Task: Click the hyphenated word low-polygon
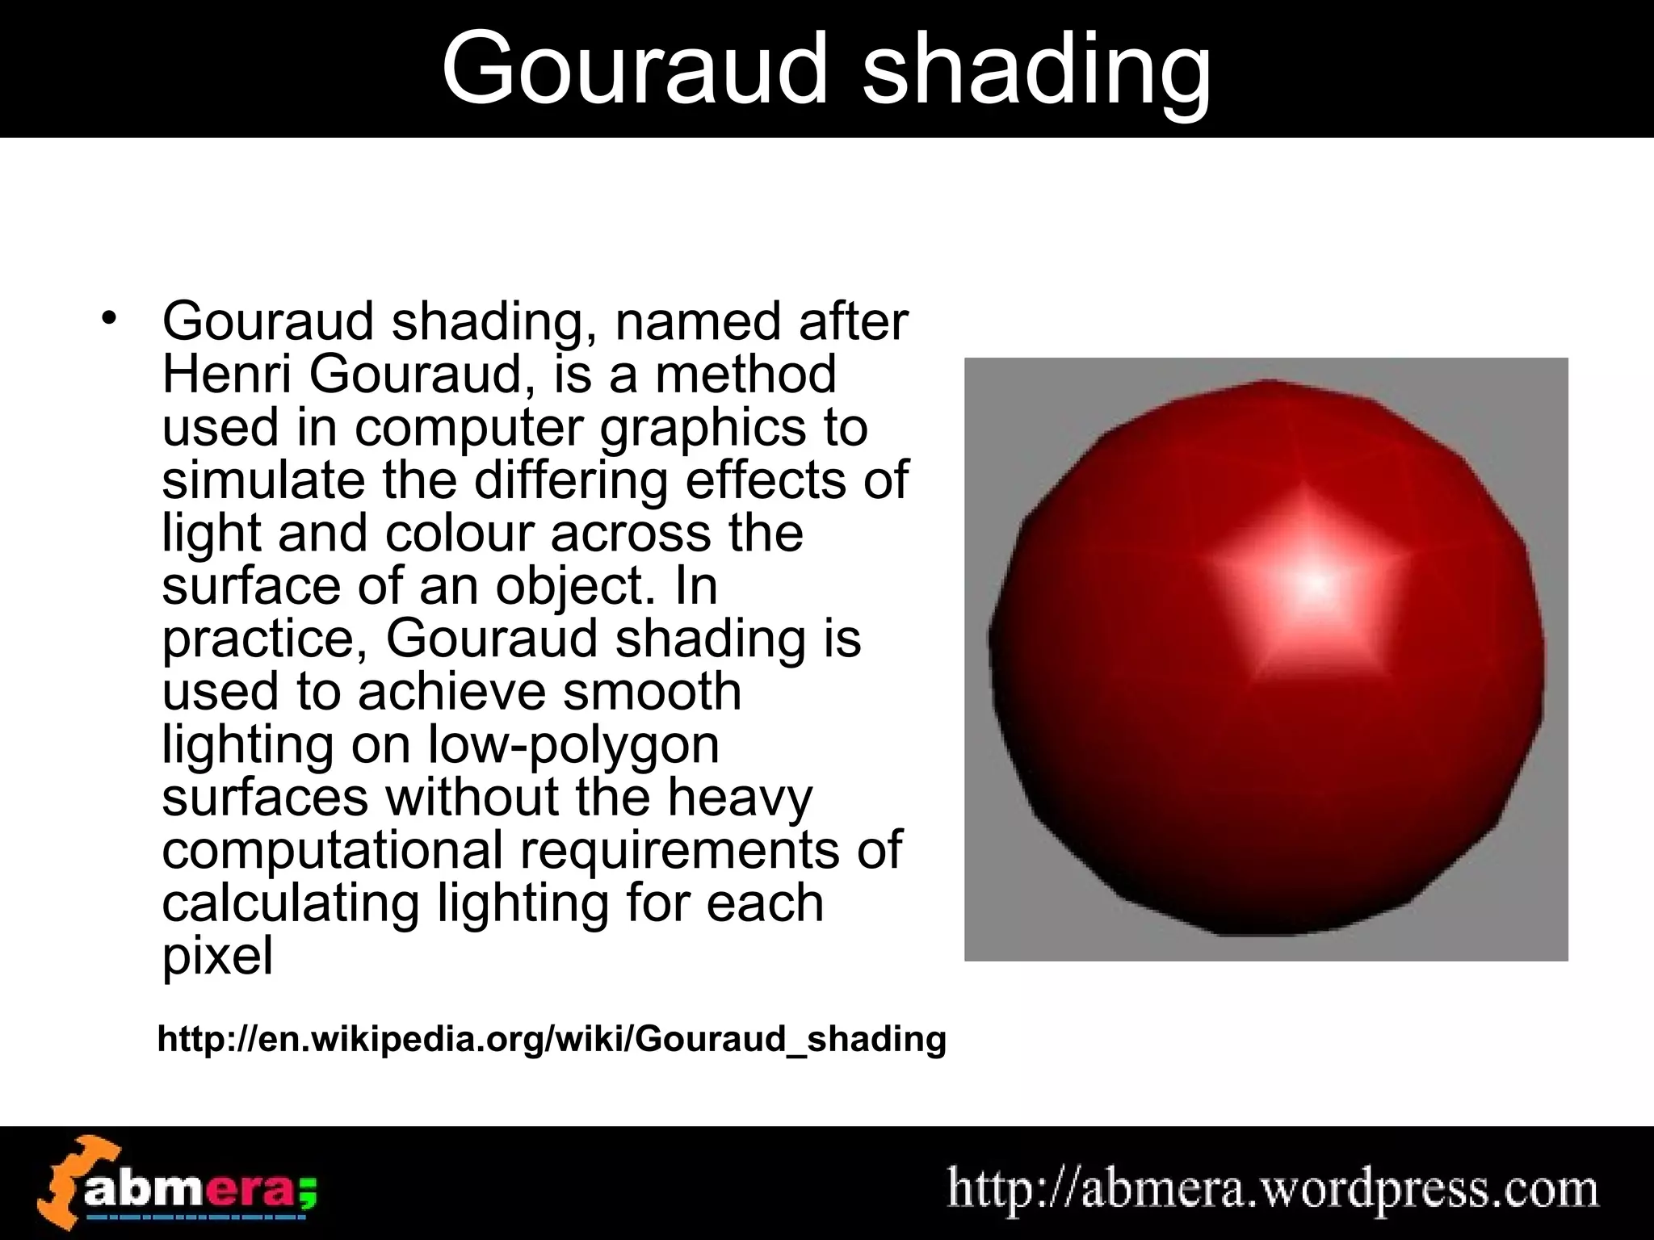point(573,746)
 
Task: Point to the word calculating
point(291,904)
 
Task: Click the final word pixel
point(217,957)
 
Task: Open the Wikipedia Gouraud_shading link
point(552,1038)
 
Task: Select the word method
point(745,374)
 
